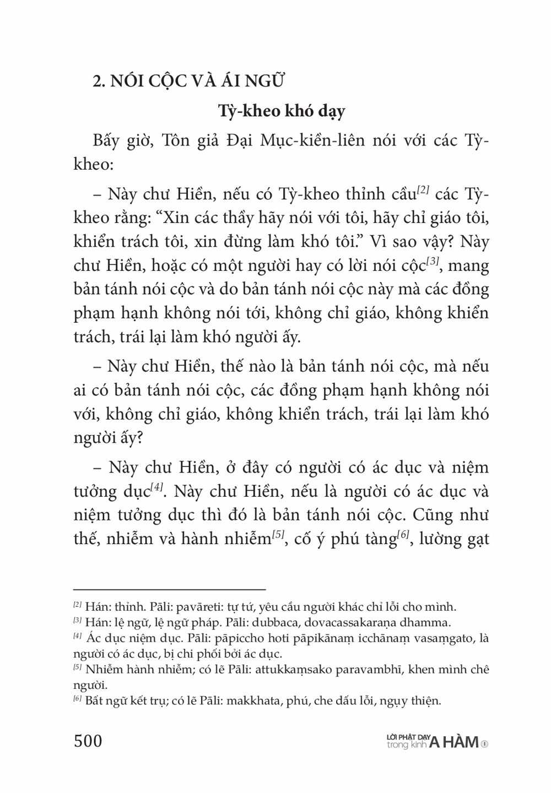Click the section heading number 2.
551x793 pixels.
click(98, 81)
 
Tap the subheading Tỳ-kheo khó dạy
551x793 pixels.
click(281, 111)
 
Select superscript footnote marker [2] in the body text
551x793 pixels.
click(423, 190)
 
